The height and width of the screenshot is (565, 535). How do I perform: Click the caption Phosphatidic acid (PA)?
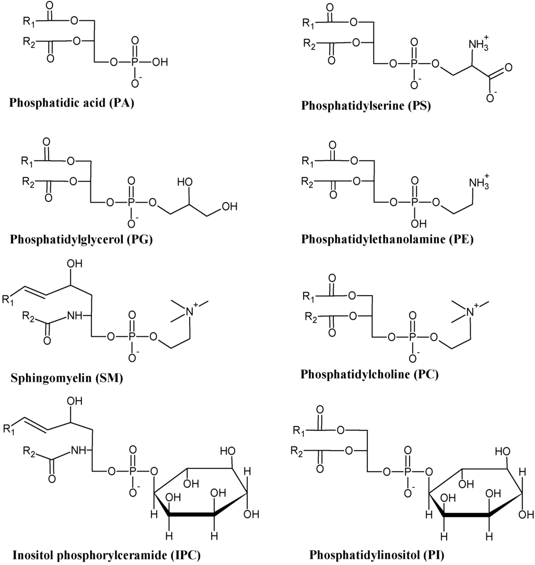(72, 102)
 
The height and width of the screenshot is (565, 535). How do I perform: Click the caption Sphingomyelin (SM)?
(66, 378)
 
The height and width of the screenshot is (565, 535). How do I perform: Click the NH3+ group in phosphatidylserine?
(480, 44)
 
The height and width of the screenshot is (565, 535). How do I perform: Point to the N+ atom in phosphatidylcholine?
(469, 312)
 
